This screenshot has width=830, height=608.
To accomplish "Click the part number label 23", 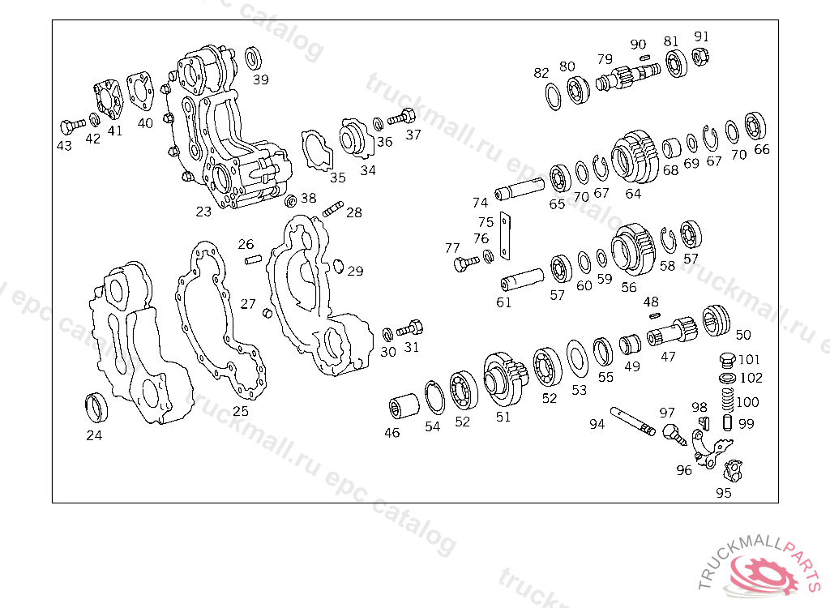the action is pos(203,212).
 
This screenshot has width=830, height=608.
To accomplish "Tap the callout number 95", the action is pos(724,493).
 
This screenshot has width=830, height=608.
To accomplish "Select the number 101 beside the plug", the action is pos(749,360).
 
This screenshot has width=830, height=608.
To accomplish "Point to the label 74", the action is pos(480,203).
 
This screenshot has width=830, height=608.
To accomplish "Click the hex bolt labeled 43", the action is pos(72,126).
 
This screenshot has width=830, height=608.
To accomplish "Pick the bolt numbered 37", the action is pos(402,117).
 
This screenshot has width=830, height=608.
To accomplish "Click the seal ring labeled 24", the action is pos(96,408).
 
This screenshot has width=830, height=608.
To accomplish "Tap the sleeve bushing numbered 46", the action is pos(404,406).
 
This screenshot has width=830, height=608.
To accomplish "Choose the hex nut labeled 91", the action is pos(700,56).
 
